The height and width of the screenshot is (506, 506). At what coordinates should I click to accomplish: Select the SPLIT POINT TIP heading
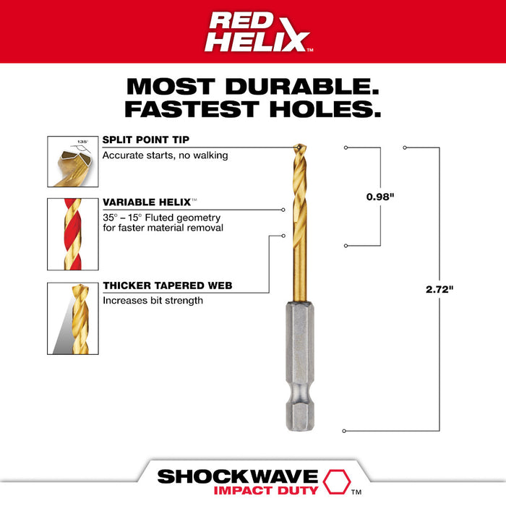point(147,140)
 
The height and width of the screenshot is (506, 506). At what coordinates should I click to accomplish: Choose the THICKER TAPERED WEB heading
point(167,286)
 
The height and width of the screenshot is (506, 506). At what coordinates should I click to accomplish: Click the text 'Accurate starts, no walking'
point(165,155)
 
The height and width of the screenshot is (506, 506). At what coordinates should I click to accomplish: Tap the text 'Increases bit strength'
point(153,301)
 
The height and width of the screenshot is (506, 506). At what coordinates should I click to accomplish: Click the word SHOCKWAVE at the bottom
point(238,476)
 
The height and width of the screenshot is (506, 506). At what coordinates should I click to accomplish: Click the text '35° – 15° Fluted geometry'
point(161,217)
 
